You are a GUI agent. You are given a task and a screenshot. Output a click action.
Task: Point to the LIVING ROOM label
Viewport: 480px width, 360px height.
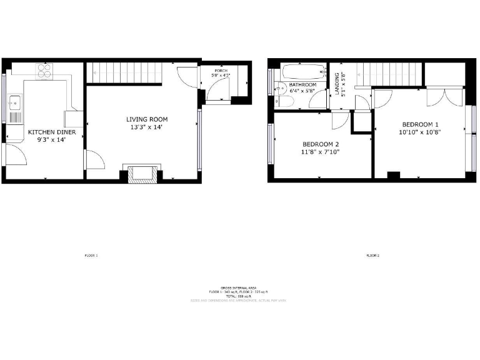147,119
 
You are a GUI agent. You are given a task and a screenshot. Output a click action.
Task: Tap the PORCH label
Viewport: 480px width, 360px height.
221,71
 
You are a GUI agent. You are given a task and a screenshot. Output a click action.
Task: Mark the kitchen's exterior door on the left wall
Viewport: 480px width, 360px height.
15,154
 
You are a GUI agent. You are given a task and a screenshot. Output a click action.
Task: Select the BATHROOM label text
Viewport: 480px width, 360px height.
302,84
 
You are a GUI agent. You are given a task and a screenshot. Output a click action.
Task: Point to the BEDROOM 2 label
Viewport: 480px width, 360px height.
321,145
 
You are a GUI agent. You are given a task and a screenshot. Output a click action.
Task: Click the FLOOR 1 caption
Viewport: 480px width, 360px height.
91,256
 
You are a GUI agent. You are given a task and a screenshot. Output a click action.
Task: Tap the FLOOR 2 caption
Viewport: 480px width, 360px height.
373,256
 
